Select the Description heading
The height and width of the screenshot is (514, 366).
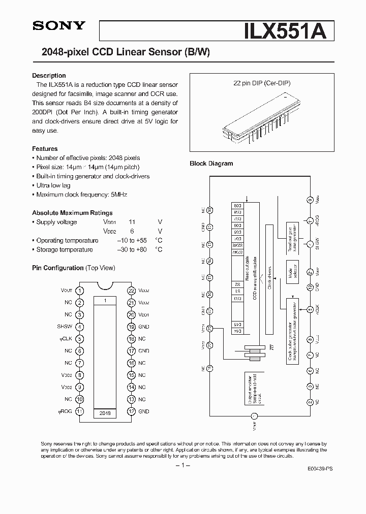tap(49, 76)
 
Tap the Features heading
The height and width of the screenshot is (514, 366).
tap(45, 149)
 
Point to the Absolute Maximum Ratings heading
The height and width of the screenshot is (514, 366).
tap(72, 213)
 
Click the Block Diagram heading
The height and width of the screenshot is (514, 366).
tap(211, 164)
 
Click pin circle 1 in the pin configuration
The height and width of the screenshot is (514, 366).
tap(80, 291)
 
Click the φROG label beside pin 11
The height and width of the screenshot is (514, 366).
tap(66, 411)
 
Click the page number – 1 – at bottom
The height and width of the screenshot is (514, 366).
tap(182, 466)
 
